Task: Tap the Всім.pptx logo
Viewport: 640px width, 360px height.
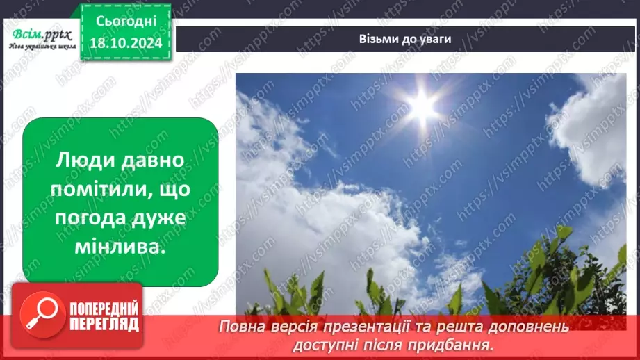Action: (x=40, y=34)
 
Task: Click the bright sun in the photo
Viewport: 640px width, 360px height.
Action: (x=422, y=105)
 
